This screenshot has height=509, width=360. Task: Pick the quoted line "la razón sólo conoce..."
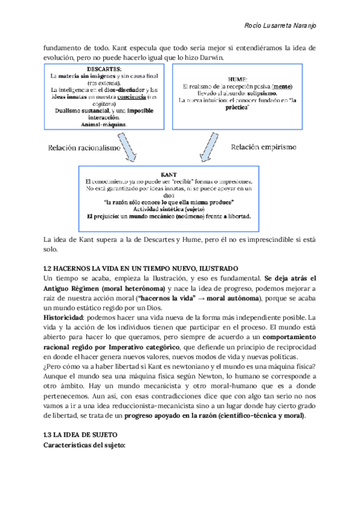169,201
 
